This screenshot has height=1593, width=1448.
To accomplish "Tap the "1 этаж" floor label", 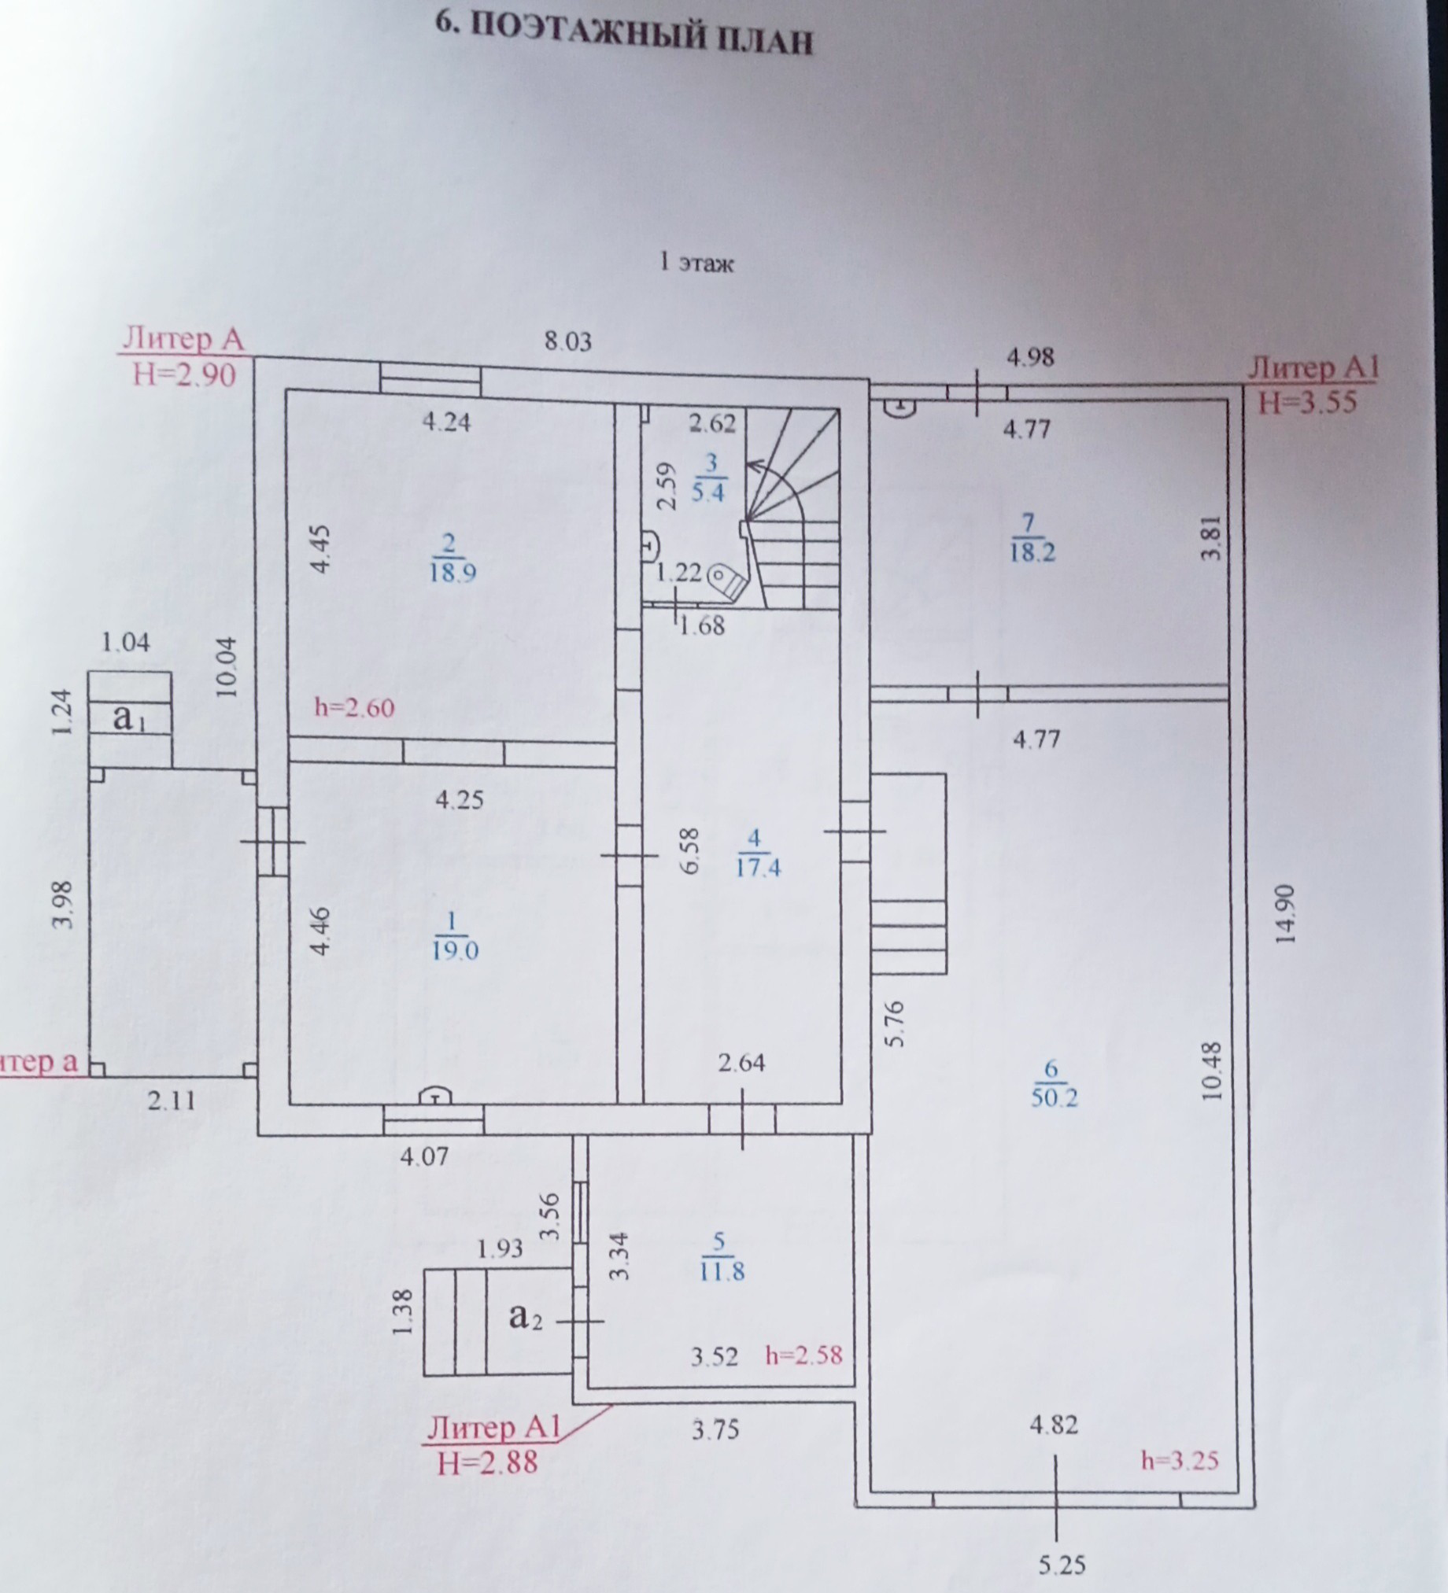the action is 696,262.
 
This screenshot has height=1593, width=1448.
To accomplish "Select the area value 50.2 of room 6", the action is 1054,1097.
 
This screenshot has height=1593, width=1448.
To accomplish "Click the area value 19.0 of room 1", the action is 456,950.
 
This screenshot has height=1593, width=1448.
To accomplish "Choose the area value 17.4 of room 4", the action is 757,868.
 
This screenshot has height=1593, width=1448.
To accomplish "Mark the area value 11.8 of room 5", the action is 722,1272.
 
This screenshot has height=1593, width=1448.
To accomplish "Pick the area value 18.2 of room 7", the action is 1032,551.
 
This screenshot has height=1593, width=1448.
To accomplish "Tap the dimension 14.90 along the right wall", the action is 1285,913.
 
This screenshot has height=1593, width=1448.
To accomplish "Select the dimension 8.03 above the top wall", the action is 567,341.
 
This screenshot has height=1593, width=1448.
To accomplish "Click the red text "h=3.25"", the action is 1180,1460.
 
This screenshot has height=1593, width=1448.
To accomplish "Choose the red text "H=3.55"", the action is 1306,402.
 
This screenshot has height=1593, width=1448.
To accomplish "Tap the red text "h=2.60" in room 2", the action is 354,707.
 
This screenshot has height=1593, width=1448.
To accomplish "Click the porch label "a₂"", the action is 526,1317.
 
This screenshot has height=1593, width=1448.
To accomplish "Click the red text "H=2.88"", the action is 487,1462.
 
